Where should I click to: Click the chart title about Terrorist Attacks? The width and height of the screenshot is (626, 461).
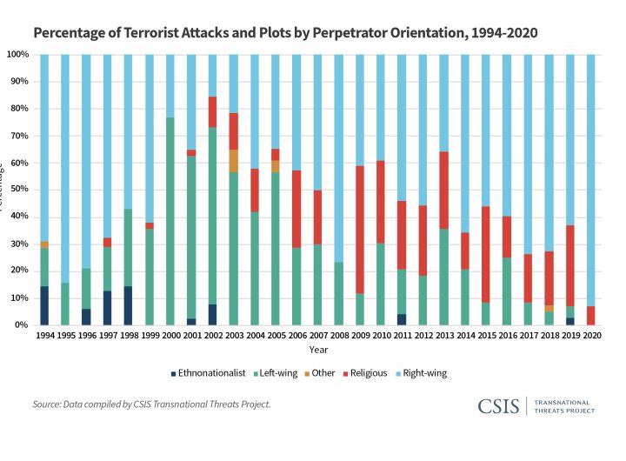tap(285, 34)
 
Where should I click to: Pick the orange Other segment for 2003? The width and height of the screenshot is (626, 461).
tap(234, 161)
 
